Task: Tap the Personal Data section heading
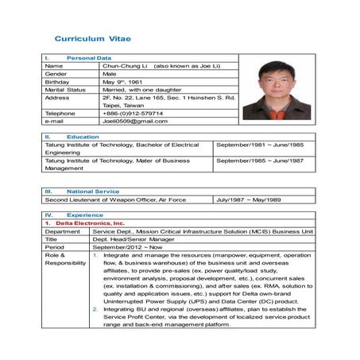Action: tap(89, 58)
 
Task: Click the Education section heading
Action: tap(83, 137)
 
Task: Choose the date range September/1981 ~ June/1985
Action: tap(260, 145)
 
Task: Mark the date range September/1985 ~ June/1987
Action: tap(260, 161)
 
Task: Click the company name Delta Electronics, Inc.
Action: tap(91, 223)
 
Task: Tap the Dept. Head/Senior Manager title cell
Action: tap(134, 239)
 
